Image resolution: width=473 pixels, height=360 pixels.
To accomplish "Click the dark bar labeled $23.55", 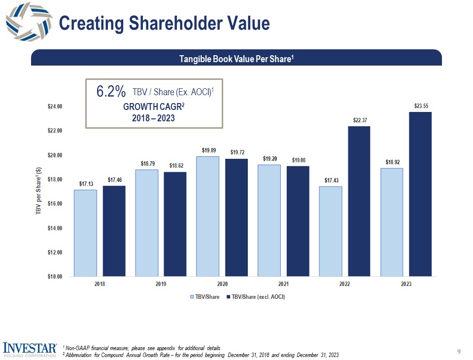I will [x=420, y=194].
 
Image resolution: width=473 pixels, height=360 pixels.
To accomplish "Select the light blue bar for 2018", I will [x=86, y=233].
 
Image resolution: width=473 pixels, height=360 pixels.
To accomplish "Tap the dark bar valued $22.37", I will [x=359, y=201].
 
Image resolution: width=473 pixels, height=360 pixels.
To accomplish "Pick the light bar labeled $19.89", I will [x=208, y=216].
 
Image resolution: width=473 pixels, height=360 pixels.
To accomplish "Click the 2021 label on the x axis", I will [x=283, y=284].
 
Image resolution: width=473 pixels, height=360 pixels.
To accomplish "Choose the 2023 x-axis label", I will [x=405, y=284].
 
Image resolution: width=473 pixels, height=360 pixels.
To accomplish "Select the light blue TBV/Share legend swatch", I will [x=192, y=297].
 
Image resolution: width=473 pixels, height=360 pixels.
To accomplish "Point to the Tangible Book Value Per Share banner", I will [x=236, y=59].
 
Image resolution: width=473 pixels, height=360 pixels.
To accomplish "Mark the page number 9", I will [x=459, y=351].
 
